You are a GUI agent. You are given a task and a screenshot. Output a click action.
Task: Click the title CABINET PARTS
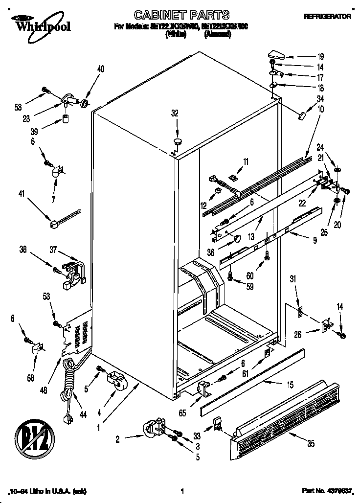point(181,16)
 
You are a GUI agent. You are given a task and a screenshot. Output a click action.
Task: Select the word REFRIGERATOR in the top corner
point(327,17)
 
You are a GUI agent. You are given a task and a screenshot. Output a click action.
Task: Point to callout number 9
point(315,240)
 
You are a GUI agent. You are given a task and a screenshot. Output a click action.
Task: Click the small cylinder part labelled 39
point(65,119)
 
